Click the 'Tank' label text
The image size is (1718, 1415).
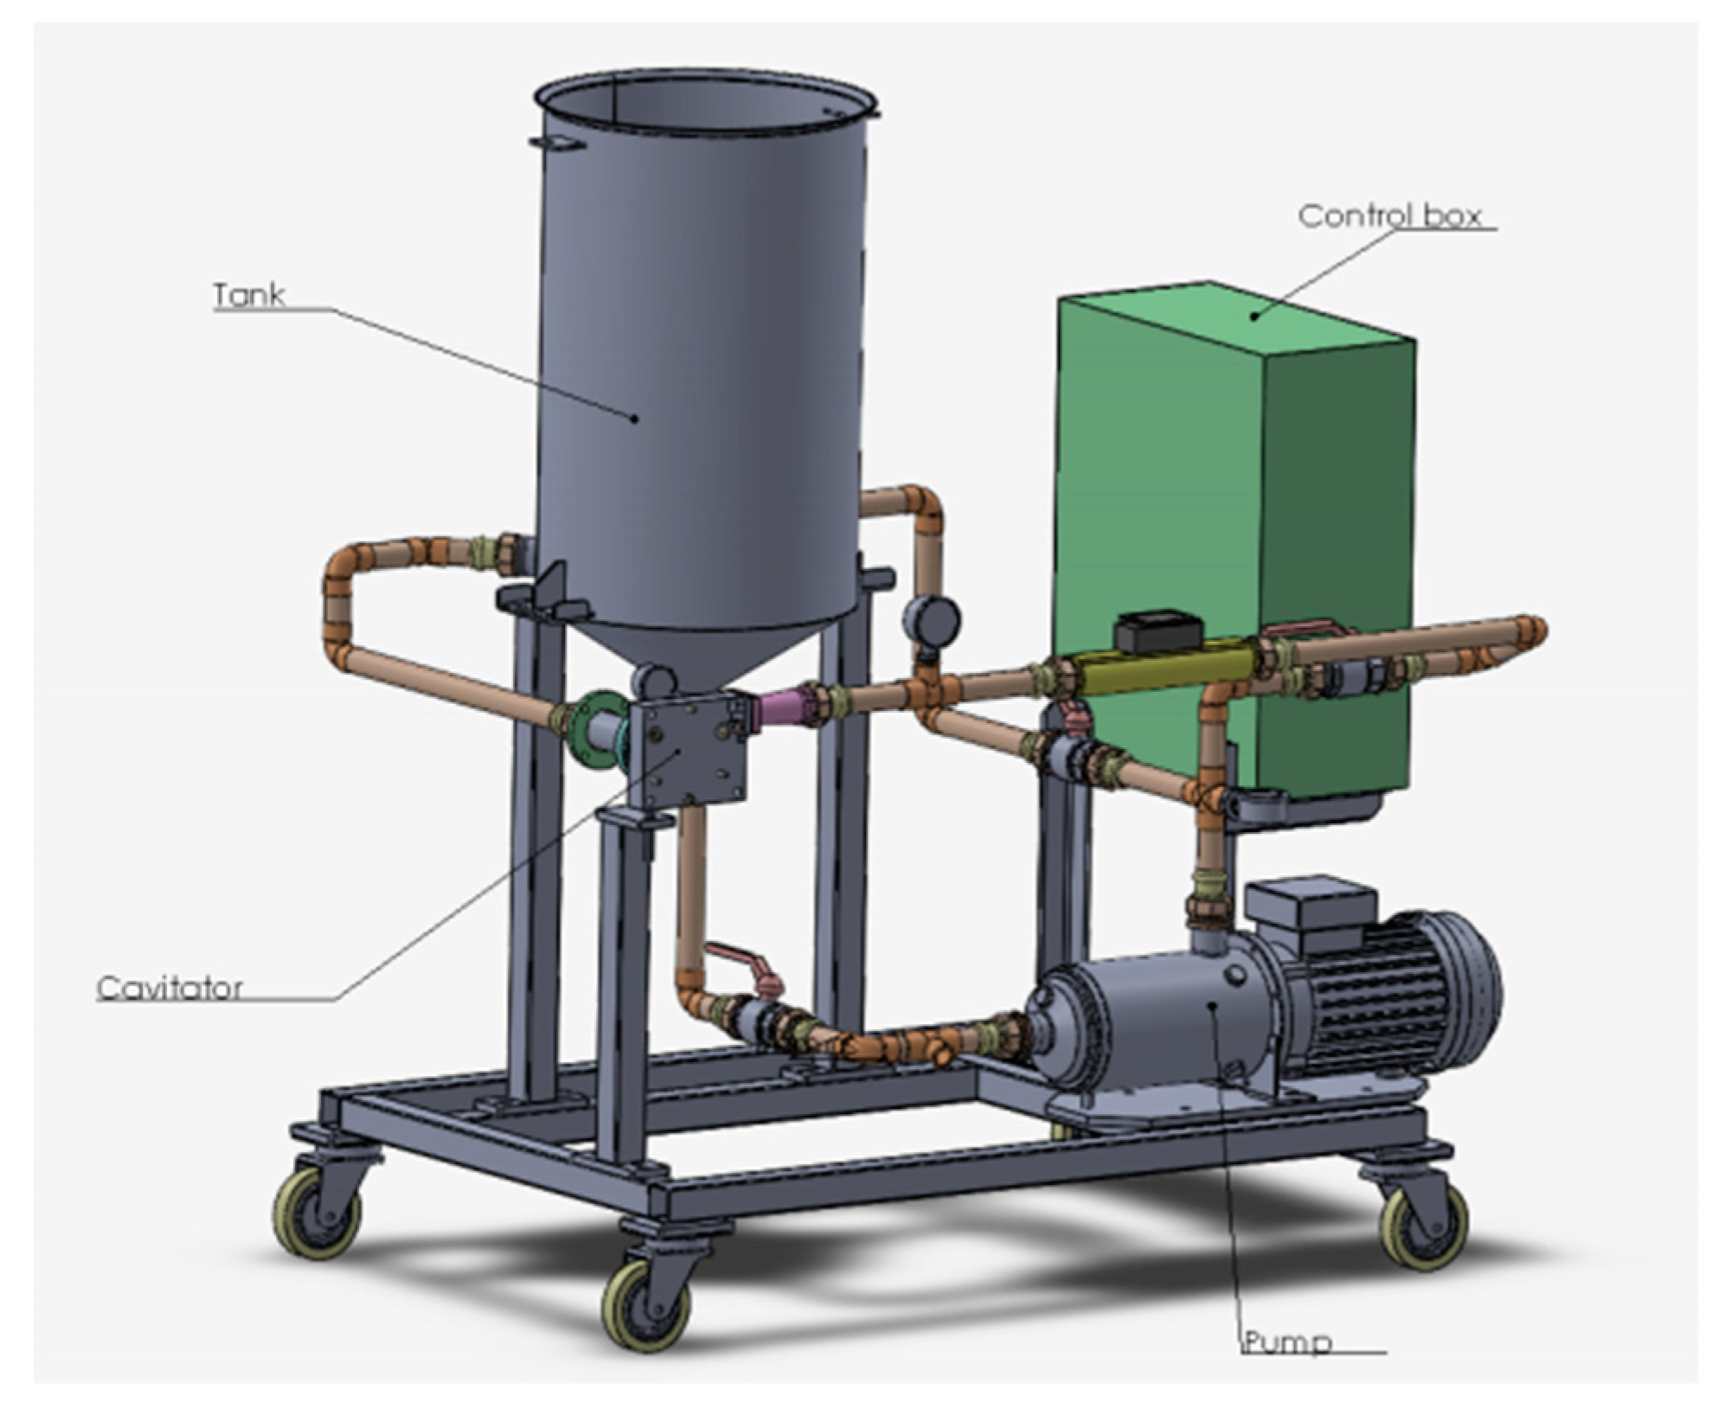pyautogui.click(x=249, y=295)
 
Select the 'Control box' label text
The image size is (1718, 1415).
pyautogui.click(x=1390, y=215)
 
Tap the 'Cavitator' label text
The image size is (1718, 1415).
pyautogui.click(x=170, y=987)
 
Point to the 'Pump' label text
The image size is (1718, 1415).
pyautogui.click(x=1287, y=1342)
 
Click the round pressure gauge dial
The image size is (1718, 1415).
pyautogui.click(x=931, y=620)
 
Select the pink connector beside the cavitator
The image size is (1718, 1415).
pyautogui.click(x=784, y=707)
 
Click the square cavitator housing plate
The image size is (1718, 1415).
pyautogui.click(x=688, y=750)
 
